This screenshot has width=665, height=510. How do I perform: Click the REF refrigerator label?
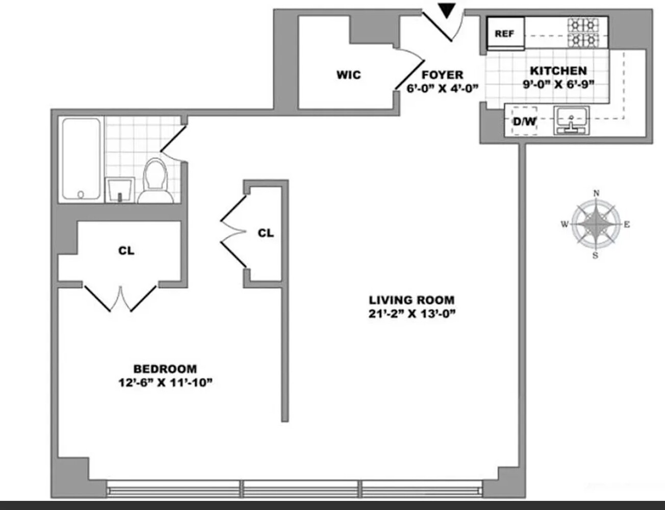504,33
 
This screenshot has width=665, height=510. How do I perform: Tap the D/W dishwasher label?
525,121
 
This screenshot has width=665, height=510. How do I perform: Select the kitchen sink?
571,120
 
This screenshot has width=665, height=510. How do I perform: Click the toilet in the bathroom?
156,181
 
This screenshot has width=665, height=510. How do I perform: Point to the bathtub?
81,159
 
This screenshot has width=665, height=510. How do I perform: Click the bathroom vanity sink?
120,190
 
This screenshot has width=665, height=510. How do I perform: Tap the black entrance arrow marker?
447,11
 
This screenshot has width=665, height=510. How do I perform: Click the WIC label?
349,74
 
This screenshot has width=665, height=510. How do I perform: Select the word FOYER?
442,74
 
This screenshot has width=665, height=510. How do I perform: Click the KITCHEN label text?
558,71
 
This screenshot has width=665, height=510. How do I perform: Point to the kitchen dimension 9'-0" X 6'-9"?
558,84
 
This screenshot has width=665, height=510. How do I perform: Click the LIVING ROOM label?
412,300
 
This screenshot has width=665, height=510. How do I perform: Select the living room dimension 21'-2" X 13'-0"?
412,314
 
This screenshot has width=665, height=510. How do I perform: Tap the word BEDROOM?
165,369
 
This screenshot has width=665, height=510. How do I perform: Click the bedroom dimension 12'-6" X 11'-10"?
165,382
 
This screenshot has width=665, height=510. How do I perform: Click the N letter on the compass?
596,193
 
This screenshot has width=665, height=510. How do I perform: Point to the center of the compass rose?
596,224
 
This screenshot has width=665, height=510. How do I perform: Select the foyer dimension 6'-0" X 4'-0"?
442,88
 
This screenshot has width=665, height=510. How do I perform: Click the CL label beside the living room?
266,233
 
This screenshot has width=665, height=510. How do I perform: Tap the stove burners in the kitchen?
583,33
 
